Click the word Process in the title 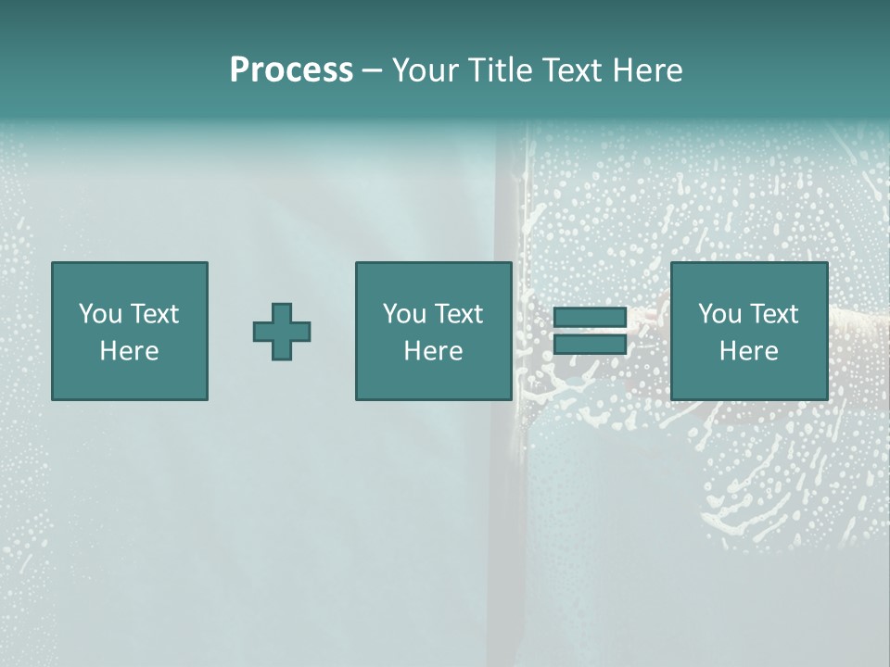(291, 69)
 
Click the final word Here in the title (649, 70)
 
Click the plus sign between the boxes (282, 332)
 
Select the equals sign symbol (590, 331)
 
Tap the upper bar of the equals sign (590, 317)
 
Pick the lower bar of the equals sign (590, 345)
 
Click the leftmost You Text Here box (130, 331)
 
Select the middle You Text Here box (434, 331)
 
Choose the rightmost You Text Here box (749, 331)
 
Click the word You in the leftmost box (100, 314)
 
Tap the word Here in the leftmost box (130, 351)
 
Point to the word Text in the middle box (458, 314)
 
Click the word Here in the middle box (434, 351)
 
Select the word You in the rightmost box (719, 314)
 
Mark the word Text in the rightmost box (773, 314)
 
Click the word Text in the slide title (572, 70)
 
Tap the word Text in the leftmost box (154, 314)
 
